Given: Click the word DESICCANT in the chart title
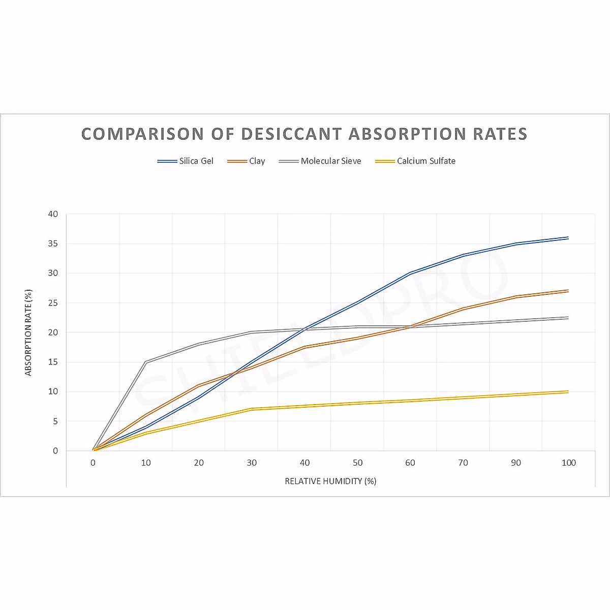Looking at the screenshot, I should pos(291,134).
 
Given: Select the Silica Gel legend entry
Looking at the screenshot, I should pos(186,161).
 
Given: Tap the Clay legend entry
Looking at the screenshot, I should pos(247,161).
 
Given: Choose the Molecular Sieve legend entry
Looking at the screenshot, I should pos(320,161).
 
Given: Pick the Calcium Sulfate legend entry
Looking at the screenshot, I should pos(415,161).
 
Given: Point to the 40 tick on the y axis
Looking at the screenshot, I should pos(53,215).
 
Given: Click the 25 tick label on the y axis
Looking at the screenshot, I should pos(53,303).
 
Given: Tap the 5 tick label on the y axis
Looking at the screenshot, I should pos(55,421).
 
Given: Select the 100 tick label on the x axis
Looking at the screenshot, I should pos(568,463).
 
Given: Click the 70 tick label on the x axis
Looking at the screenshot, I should pos(463,463).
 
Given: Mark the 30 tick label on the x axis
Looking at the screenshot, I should pos(252,463).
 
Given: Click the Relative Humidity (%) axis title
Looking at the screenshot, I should pos(330,481).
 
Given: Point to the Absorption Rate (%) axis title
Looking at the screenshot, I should pos(28,333).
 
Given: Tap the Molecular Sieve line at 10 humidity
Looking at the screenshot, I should pos(146,362).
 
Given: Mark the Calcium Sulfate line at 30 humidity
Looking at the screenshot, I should pos(252,409).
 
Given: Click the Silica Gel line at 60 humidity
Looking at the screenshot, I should pos(410,273).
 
